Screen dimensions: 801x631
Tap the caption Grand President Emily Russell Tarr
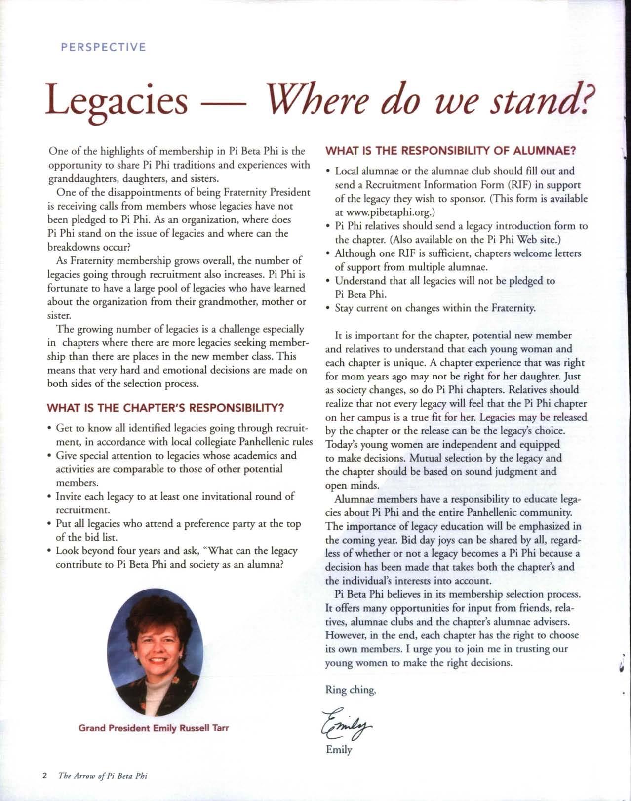(x=154, y=728)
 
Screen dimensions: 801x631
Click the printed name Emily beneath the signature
(x=339, y=749)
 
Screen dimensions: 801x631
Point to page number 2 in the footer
(x=44, y=775)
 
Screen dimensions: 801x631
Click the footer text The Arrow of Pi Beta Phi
(x=103, y=775)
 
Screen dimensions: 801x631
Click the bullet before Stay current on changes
(x=329, y=308)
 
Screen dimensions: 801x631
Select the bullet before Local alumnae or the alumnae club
(x=329, y=171)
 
